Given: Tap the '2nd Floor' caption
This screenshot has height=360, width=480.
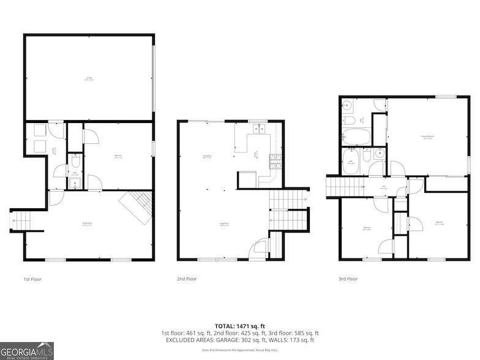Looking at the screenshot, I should [186, 279].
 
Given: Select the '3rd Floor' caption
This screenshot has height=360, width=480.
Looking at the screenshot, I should [348, 279].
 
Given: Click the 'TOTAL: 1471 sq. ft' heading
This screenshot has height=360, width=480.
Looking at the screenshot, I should [240, 326].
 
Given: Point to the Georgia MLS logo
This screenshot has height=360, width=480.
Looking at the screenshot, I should [27, 350].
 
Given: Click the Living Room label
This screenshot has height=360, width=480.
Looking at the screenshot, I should [224, 223].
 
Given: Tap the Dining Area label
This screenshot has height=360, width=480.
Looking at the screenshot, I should [208, 156].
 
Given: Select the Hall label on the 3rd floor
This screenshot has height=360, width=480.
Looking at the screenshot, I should [383, 188].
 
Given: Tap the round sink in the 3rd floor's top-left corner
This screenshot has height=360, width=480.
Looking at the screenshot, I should [347, 104].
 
